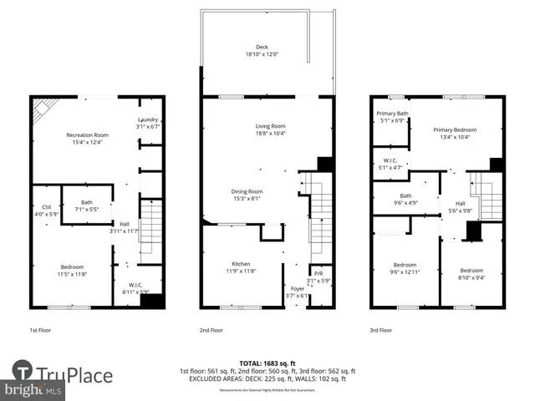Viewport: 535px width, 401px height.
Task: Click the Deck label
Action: click(x=262, y=48)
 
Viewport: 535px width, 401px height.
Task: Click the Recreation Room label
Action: click(x=88, y=135)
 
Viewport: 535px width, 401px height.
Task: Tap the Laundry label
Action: click(x=148, y=119)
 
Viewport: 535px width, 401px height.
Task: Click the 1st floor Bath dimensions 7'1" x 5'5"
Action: click(x=87, y=209)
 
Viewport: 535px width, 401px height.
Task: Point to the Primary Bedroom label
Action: click(x=455, y=129)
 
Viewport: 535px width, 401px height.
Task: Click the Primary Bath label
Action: click(x=391, y=114)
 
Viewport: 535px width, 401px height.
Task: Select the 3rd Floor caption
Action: click(x=380, y=330)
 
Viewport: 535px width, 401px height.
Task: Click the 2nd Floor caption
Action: click(x=211, y=330)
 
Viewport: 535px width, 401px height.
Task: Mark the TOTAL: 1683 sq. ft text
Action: click(x=267, y=363)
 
